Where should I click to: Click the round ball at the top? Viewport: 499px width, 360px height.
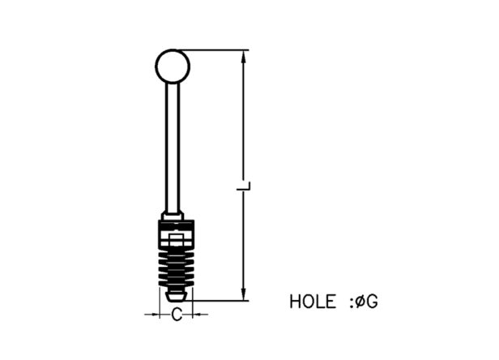(173, 66)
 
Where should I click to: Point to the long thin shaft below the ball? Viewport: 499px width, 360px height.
(173, 148)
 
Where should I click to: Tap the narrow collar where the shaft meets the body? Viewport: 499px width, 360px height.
(173, 216)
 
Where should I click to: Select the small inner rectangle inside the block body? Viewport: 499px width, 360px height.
(176, 240)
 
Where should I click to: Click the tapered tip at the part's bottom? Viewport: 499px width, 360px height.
(176, 295)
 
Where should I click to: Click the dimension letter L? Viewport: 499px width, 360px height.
(244, 186)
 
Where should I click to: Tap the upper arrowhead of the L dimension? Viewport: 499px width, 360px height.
(244, 57)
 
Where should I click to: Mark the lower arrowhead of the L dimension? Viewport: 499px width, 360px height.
(244, 294)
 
